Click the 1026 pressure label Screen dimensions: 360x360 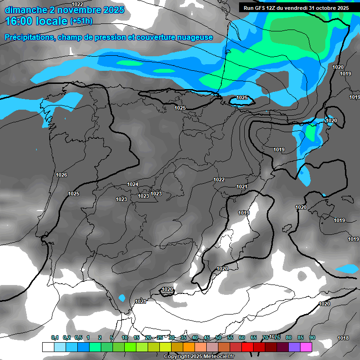[x=61, y=175]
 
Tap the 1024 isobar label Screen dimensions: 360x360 [x=133, y=184]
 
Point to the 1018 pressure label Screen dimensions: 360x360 [x=343, y=338]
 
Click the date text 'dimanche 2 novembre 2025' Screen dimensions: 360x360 [x=64, y=10]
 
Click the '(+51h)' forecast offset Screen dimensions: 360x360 [x=81, y=22]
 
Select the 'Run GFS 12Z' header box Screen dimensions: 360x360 [x=296, y=7]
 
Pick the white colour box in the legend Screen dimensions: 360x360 [x=48, y=347]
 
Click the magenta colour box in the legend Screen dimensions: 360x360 [x=306, y=347]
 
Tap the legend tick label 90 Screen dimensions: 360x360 [x=312, y=337]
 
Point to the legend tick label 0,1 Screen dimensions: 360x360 [x=54, y=337]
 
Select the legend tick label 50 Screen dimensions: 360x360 [x=218, y=337]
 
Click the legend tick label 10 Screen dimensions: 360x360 [x=125, y=337]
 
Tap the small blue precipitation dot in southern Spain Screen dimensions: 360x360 [x=122, y=298]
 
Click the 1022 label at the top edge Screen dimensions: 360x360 [x=77, y=4]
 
